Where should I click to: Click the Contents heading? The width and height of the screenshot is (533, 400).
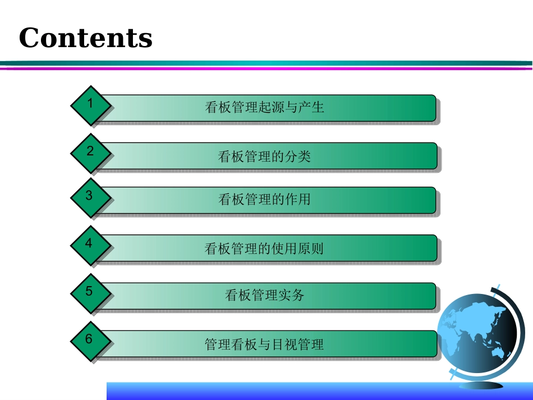(x=86, y=38)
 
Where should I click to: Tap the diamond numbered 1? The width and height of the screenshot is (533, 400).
(x=90, y=105)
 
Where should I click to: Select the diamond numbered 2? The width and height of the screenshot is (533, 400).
(x=90, y=153)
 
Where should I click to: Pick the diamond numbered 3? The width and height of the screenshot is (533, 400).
(x=90, y=197)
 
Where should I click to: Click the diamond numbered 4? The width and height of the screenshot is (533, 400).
(x=90, y=245)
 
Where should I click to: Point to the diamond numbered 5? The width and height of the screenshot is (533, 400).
(x=90, y=293)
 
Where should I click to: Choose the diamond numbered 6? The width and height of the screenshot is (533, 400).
(x=90, y=341)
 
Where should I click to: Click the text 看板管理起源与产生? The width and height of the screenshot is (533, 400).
(x=265, y=107)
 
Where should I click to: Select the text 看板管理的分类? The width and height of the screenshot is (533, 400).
(x=264, y=156)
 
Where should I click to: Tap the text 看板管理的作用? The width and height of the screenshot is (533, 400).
(x=264, y=199)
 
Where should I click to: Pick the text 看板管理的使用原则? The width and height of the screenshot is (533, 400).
(x=264, y=248)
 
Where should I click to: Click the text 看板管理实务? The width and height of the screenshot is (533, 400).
(x=264, y=295)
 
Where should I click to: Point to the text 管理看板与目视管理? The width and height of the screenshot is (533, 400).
(x=264, y=343)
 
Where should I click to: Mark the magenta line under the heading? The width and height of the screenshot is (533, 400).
(x=266, y=68)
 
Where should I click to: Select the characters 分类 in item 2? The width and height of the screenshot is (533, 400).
(x=297, y=156)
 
